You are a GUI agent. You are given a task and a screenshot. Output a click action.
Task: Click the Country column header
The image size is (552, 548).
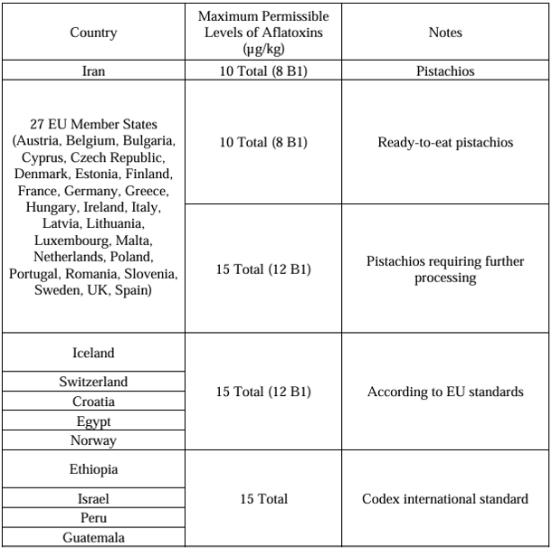[x=92, y=32]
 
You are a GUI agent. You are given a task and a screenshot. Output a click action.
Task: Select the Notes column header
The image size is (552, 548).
[x=446, y=32]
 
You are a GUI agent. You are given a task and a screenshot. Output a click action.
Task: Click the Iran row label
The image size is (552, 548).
[x=92, y=72]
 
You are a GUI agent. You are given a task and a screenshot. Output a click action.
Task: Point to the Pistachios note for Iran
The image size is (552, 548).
[x=446, y=72]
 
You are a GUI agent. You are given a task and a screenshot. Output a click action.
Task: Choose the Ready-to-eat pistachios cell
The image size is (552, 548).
[x=446, y=143]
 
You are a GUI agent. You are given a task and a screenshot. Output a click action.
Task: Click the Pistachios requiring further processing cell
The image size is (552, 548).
[x=446, y=269]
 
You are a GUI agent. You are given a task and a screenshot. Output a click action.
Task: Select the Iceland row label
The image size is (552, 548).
[x=92, y=353]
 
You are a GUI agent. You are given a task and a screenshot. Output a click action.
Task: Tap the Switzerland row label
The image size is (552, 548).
[x=92, y=382]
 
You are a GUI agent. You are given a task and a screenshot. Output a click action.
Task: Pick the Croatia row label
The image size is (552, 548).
[x=92, y=402]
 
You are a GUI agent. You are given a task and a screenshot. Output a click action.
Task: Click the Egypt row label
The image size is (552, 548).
[x=92, y=421]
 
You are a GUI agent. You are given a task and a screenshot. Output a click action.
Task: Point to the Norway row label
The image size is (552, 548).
[x=92, y=441]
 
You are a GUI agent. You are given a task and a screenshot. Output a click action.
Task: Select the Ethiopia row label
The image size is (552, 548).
[x=92, y=470]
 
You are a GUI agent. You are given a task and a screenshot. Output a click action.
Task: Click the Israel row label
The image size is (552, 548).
[x=92, y=499]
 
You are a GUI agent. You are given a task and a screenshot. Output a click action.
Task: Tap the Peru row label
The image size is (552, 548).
[x=92, y=519]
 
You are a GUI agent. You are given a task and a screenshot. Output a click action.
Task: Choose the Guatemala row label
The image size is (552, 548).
[x=92, y=539]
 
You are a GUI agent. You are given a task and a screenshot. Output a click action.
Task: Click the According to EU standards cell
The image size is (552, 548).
[x=446, y=392]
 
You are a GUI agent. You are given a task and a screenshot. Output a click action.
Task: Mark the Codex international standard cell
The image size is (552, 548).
[x=446, y=499]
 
